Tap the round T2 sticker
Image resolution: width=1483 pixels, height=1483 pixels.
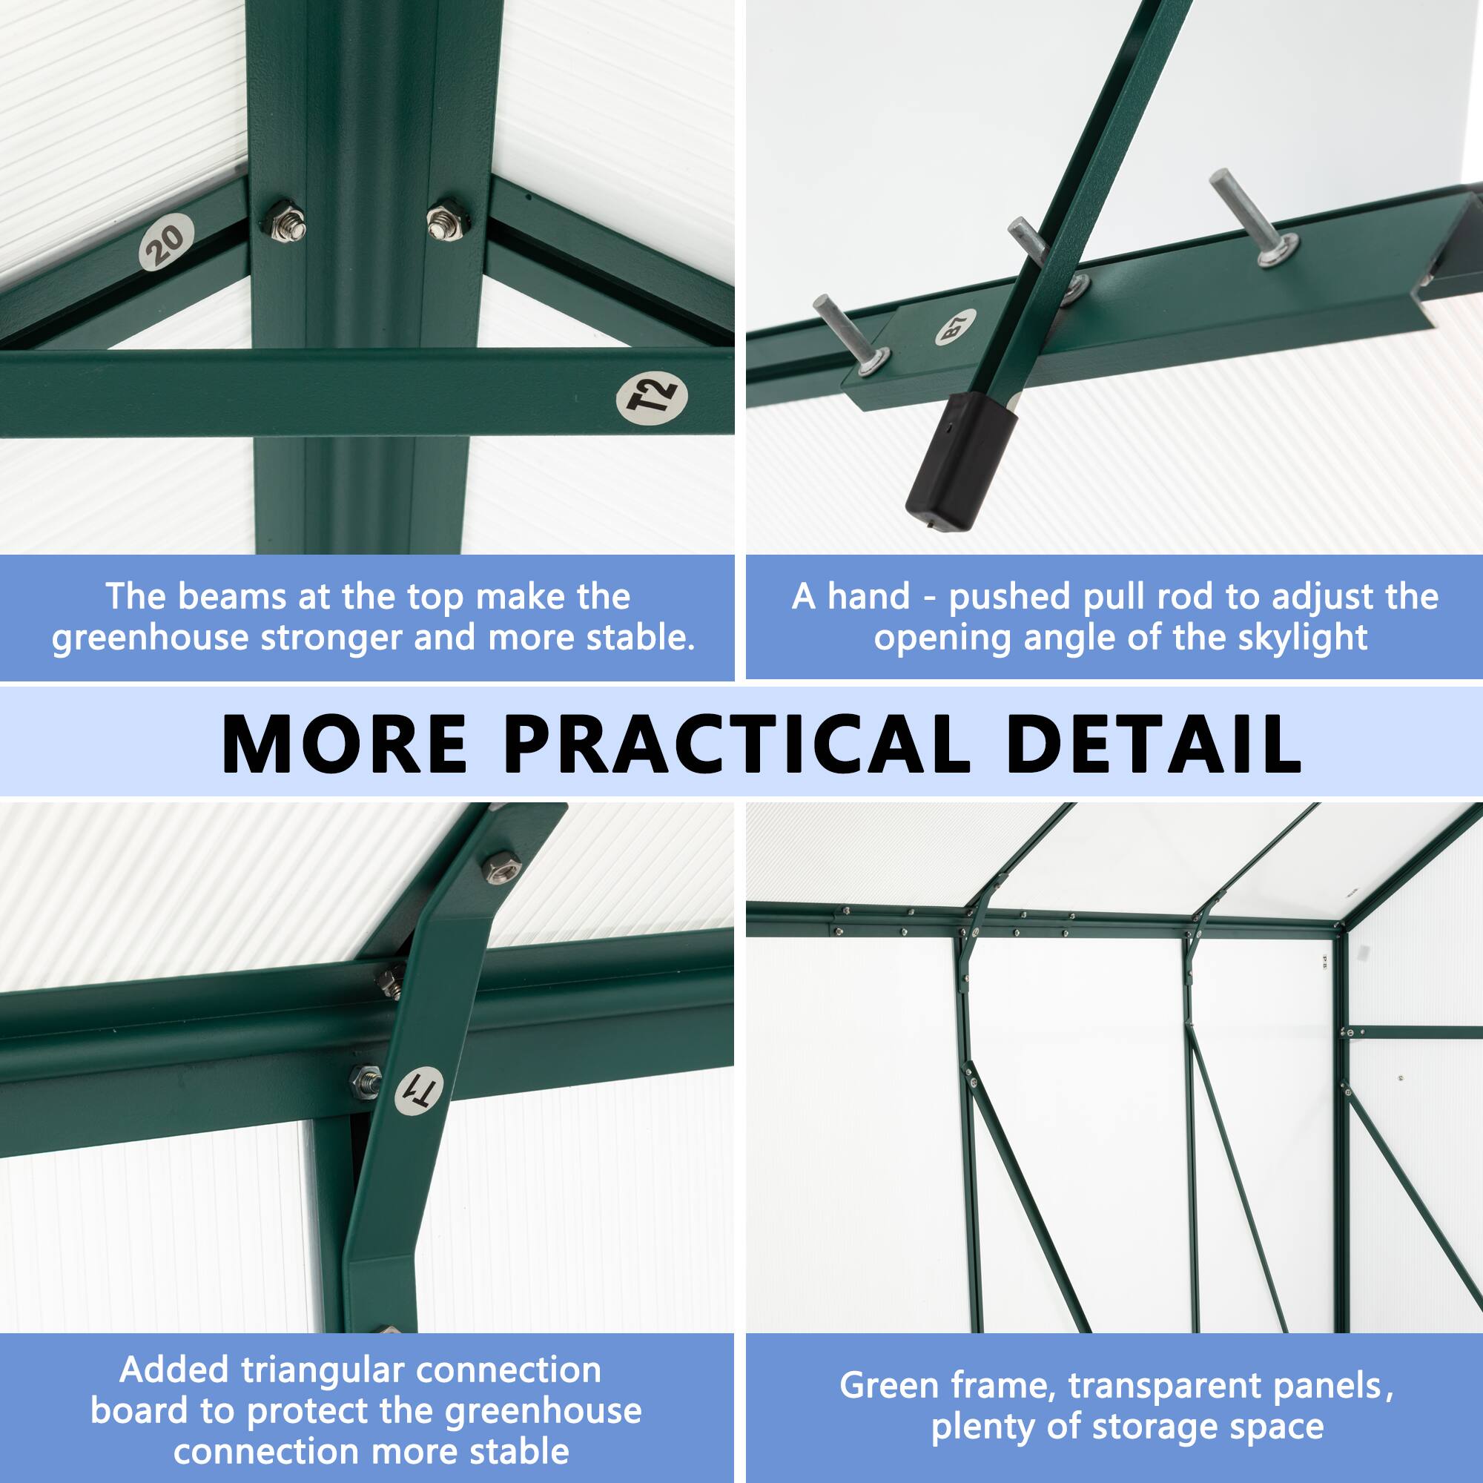651,397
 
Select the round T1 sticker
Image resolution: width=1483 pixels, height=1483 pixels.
419,1091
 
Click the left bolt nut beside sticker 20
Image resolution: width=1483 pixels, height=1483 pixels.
287,223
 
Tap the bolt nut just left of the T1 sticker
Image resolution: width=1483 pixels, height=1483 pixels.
366,1082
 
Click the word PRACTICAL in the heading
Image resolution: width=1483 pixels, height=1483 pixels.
737,744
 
